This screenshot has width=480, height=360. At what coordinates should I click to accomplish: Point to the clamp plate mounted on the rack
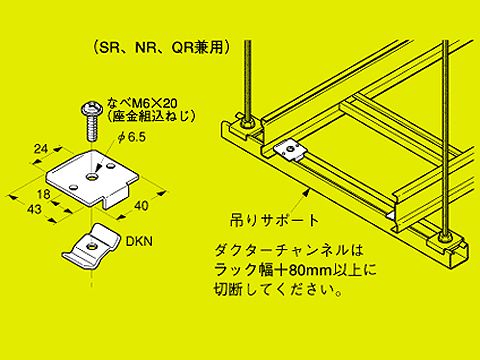coord(290,151)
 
